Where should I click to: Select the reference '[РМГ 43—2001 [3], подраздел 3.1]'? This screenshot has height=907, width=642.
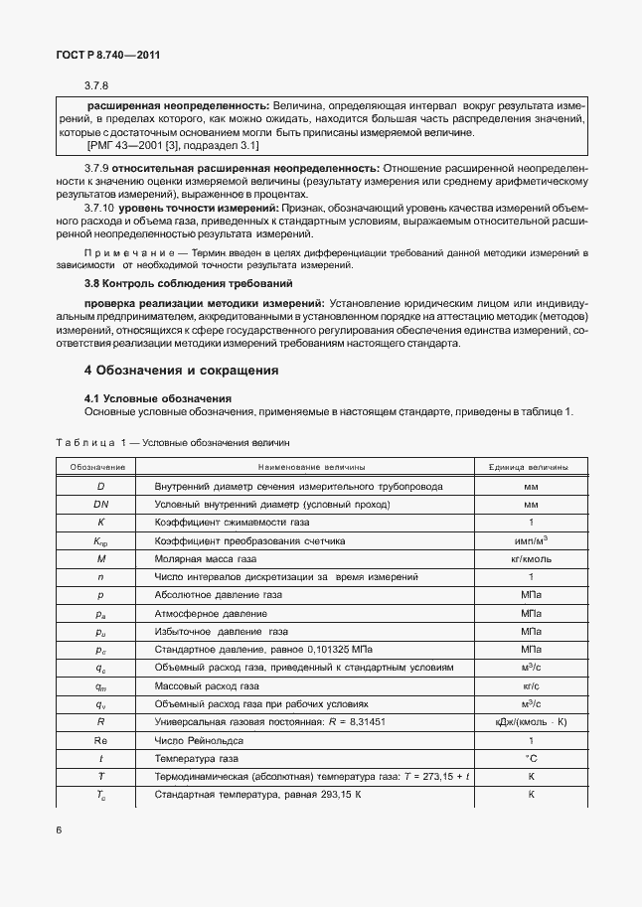click(173, 146)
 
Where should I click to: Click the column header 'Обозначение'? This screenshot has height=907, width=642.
click(97, 467)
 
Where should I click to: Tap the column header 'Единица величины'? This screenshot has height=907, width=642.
click(529, 467)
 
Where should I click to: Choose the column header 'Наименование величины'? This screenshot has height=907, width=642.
click(311, 467)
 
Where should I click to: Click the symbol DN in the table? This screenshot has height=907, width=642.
click(100, 505)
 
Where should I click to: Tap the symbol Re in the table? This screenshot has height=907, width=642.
click(100, 740)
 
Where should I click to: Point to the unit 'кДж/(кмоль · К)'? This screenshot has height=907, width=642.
click(529, 722)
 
